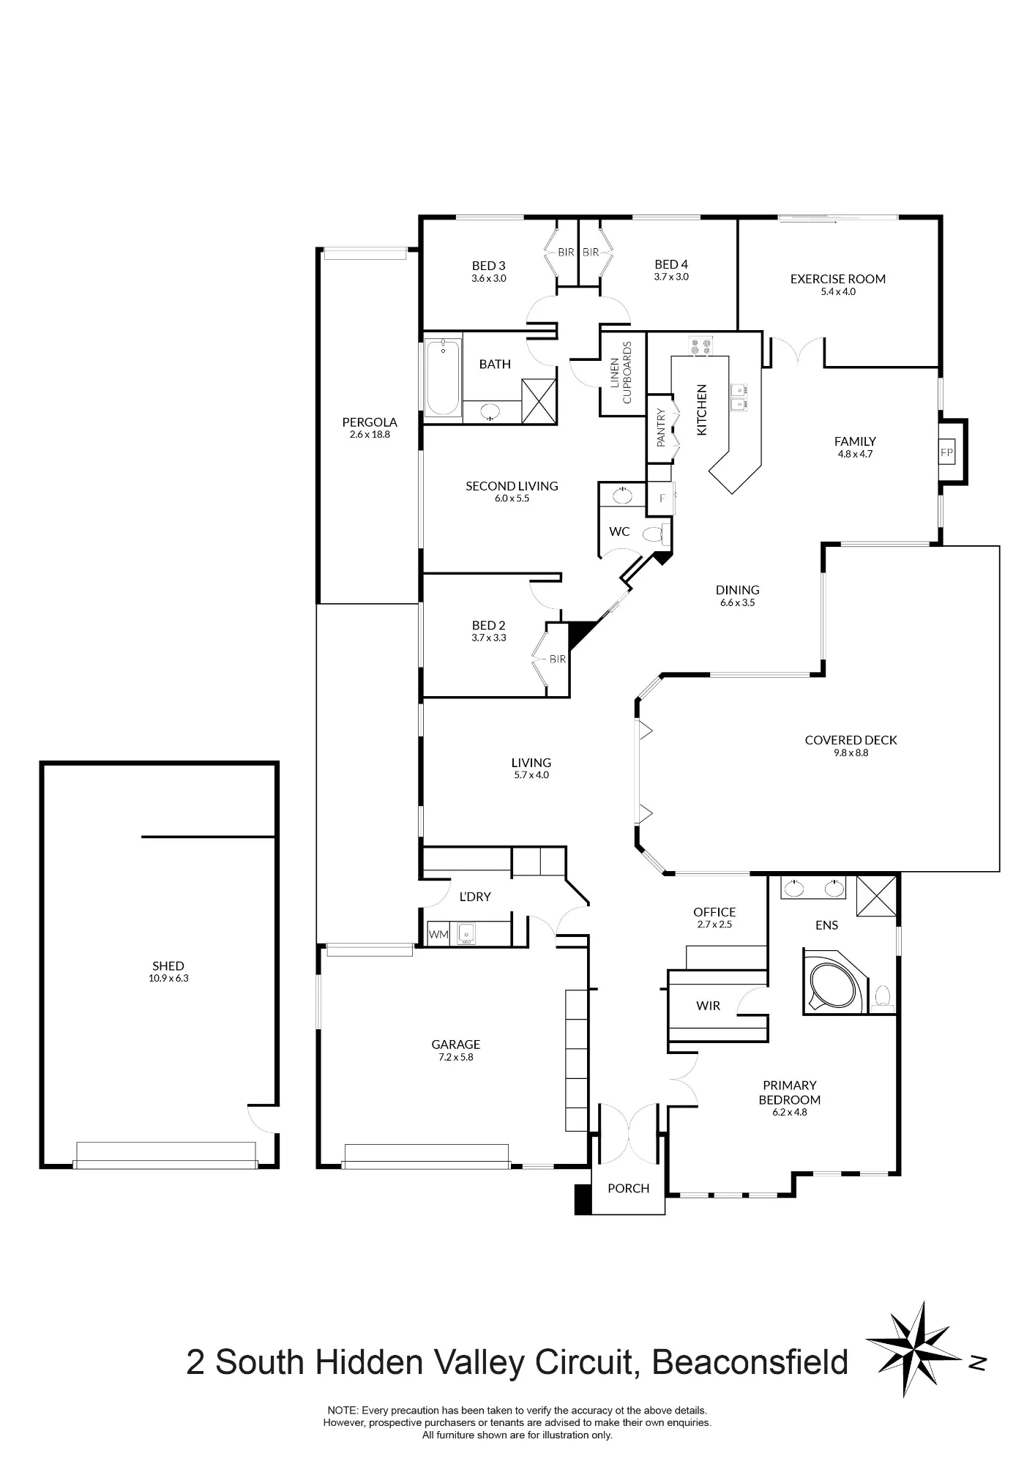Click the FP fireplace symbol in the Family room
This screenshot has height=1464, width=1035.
(x=946, y=452)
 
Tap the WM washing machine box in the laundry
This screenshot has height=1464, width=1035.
(x=438, y=935)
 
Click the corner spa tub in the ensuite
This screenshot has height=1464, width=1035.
(x=835, y=981)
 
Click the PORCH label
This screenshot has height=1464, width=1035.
(x=628, y=1188)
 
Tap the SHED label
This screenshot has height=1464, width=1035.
(x=168, y=966)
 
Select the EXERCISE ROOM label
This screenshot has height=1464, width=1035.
(x=838, y=279)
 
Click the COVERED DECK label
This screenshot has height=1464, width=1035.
(x=851, y=740)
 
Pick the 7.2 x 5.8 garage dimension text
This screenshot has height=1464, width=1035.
(x=455, y=1057)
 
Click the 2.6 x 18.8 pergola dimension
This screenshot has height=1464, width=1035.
(x=370, y=434)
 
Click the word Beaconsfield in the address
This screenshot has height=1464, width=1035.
(x=750, y=1362)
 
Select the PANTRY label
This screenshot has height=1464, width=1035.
(x=661, y=427)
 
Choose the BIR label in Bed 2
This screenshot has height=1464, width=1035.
(x=558, y=659)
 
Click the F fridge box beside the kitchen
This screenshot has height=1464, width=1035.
(x=662, y=498)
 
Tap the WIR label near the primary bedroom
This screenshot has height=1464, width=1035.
(x=708, y=1006)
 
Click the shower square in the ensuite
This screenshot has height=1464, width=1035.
(x=877, y=895)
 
